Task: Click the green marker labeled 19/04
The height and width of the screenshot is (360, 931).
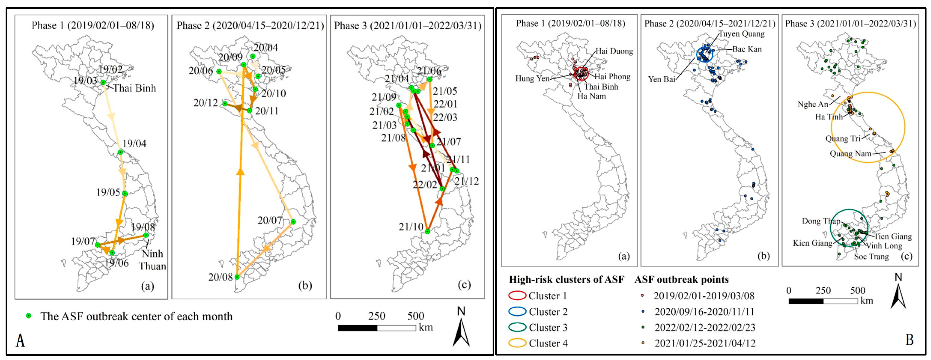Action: tap(120, 152)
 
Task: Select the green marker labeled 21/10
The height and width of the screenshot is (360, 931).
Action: tap(428, 232)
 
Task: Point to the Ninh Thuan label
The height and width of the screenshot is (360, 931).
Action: tap(152, 260)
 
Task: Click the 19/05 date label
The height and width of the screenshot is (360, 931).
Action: tap(108, 192)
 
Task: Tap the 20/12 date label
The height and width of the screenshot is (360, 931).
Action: tap(206, 103)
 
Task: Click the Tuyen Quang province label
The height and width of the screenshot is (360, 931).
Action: tap(742, 34)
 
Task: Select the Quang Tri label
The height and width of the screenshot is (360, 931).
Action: tap(842, 139)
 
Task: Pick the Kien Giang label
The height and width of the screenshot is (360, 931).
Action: tap(812, 243)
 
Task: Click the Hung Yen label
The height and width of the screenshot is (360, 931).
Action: tap(532, 78)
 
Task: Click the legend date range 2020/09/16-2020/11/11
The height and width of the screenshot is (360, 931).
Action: tap(704, 312)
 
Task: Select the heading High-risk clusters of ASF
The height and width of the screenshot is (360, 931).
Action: tap(566, 279)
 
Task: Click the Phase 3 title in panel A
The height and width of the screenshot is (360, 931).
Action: tap(407, 26)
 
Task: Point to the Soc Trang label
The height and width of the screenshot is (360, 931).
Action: tap(871, 257)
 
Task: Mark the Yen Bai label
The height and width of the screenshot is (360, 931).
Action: tap(661, 79)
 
